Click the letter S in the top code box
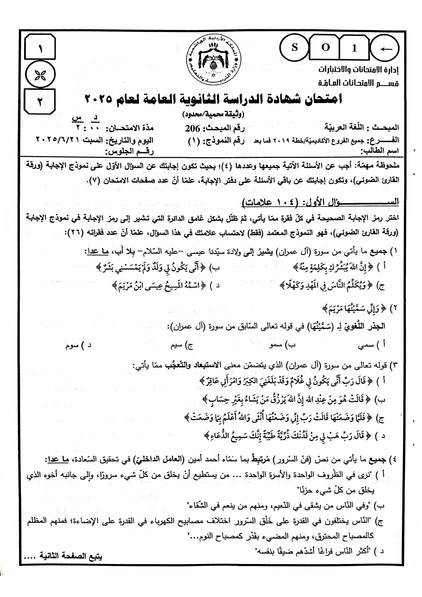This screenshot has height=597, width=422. point(294,48)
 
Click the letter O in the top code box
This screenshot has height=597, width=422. point(326,48)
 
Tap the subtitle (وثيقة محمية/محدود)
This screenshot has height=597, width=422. point(214,113)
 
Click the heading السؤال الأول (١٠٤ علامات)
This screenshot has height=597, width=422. point(320,202)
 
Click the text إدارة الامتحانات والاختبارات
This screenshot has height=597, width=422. point(358,70)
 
